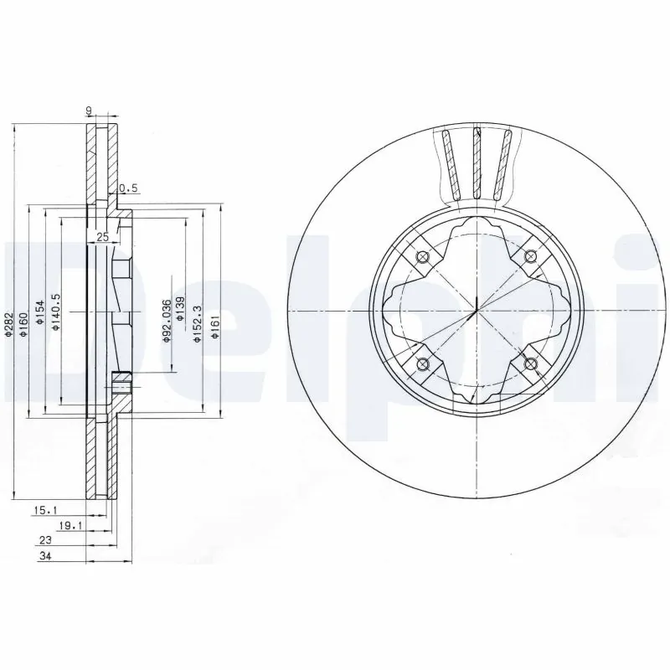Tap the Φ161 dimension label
[215, 322]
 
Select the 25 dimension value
[103, 237]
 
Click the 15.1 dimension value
[45, 509]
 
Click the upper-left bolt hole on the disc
[421, 257]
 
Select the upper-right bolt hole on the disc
[529, 256]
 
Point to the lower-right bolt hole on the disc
[529, 363]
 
